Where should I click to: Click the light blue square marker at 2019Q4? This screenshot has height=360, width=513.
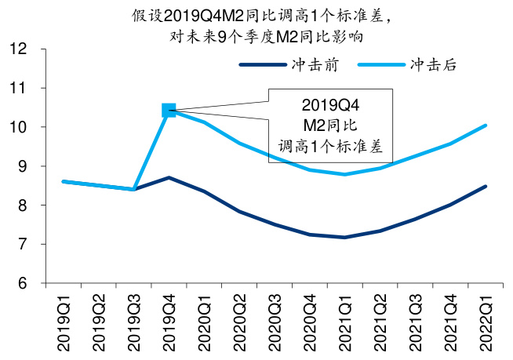point(169,111)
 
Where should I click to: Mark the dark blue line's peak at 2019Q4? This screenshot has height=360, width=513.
point(169,178)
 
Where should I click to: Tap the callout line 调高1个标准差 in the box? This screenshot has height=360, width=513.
point(329,145)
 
